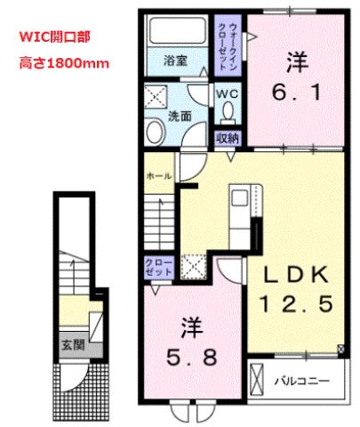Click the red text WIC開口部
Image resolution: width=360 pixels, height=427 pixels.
point(53,38)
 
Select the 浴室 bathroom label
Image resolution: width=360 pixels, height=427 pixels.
point(175,62)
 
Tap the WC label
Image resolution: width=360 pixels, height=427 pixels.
point(227,92)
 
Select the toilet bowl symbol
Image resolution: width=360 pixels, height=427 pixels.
point(228,111)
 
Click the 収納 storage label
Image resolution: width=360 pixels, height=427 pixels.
point(228,138)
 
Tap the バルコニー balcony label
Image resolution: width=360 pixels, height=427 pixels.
point(307,380)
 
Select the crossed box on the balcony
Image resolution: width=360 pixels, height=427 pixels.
point(257,380)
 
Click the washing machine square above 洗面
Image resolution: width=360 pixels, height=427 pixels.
point(157,95)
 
